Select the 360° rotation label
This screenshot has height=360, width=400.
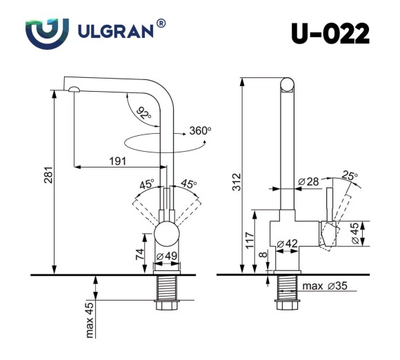(x=200, y=130)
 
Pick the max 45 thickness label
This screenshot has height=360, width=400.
(x=90, y=321)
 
